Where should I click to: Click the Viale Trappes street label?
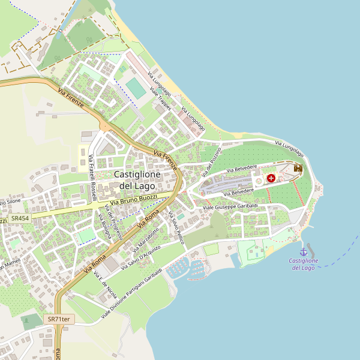(161, 98)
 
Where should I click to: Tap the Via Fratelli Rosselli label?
(93, 178)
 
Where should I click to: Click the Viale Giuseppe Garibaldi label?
(230, 207)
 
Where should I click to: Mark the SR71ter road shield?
(58, 319)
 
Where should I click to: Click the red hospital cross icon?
(271, 178)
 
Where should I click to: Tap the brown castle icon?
(298, 169)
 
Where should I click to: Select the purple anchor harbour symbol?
(304, 252)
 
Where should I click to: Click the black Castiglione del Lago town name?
(137, 180)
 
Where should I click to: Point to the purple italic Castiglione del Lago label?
(304, 264)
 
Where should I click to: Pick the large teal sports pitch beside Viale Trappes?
(136, 89)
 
